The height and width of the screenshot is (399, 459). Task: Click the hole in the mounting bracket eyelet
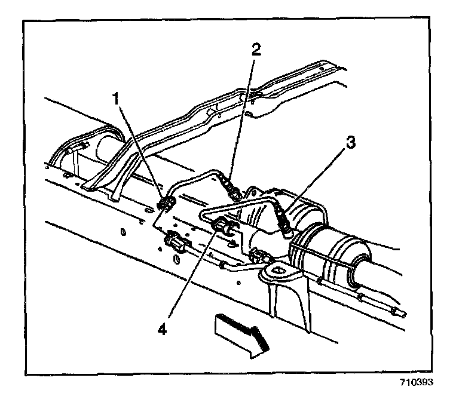279,272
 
